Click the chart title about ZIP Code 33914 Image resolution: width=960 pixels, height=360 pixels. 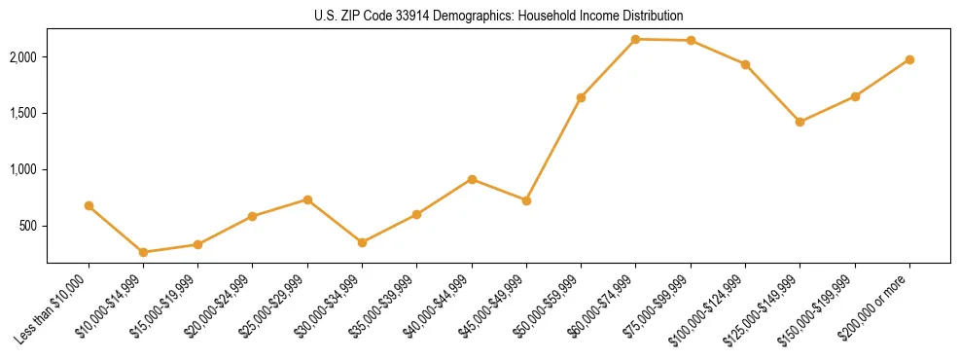pos(499,16)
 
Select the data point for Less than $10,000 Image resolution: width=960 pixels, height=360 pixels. pos(89,205)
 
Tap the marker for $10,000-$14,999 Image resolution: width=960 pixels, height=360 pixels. pos(143,252)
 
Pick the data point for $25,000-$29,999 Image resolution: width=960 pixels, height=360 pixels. pos(307,199)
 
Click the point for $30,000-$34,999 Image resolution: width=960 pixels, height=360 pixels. pos(362,242)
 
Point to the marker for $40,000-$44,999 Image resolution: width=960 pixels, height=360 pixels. pos(472,179)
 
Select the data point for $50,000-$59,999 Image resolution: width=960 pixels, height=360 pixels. pos(581,97)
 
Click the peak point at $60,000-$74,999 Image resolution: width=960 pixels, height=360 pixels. pos(635,39)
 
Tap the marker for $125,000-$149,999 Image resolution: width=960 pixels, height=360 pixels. pos(800,122)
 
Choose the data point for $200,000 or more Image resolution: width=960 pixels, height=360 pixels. pos(909,59)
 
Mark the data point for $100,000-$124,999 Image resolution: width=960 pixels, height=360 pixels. pos(745,64)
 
